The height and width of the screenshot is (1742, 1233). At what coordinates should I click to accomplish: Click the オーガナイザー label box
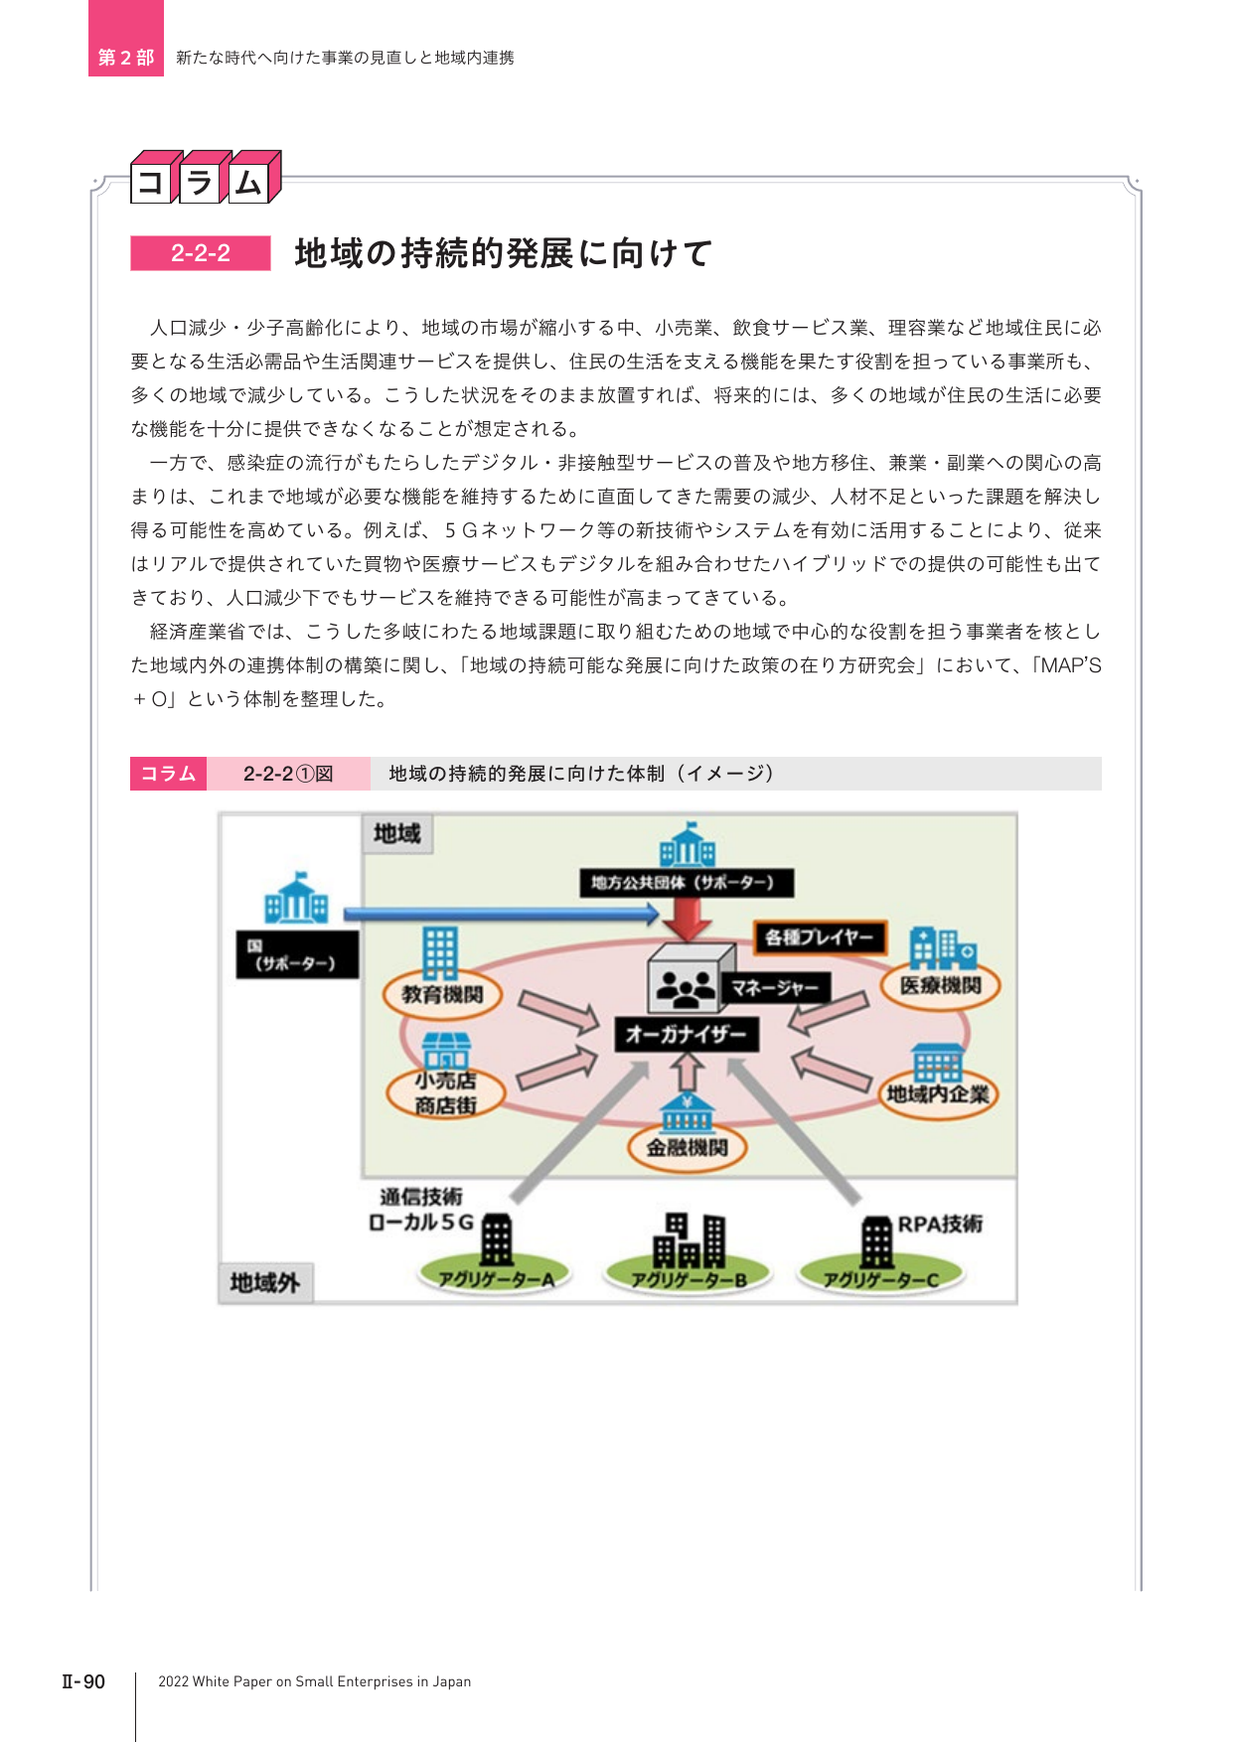point(687,1035)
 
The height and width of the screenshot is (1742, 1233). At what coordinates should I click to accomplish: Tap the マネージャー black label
point(775,987)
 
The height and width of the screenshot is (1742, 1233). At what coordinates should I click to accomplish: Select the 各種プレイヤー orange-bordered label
point(820,938)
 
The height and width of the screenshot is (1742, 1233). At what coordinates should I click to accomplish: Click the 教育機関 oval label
point(442,994)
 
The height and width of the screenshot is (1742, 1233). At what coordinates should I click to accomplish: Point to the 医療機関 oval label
point(941,986)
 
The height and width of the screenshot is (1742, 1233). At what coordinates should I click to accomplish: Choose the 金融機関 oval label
point(687,1148)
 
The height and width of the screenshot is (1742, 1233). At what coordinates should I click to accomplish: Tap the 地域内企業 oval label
point(938,1094)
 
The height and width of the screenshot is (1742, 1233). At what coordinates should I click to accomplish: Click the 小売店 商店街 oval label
point(445,1092)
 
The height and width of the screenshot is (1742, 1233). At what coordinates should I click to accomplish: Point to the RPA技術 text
point(940,1224)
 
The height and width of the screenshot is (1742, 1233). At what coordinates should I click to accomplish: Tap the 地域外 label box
point(264,1283)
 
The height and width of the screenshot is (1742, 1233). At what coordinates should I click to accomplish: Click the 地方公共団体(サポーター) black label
point(683,882)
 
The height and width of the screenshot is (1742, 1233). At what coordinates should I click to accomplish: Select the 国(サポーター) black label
point(297,954)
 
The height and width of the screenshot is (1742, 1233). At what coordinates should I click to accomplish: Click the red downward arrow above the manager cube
point(687,920)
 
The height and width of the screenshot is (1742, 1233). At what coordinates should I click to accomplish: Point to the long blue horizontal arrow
point(501,913)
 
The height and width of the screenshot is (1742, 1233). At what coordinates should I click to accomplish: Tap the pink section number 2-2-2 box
point(201,253)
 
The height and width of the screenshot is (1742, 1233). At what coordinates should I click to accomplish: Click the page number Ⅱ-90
point(83,1681)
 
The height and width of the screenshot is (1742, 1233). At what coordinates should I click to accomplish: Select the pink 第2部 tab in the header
point(126,39)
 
